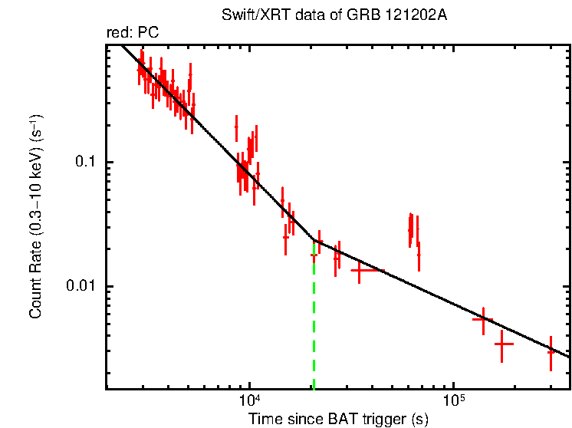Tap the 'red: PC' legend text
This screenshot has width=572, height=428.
pyautogui.click(x=132, y=33)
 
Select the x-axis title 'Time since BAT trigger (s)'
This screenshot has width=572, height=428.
pyautogui.click(x=338, y=419)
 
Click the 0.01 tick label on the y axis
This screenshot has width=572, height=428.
pyautogui.click(x=84, y=286)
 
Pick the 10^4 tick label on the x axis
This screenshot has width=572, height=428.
pyautogui.click(x=249, y=400)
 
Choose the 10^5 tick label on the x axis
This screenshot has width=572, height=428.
pyautogui.click(x=454, y=400)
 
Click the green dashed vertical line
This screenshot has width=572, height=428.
pyautogui.click(x=314, y=322)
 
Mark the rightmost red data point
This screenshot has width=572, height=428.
pyautogui.click(x=551, y=351)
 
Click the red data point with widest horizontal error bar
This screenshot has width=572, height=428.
pyautogui.click(x=360, y=270)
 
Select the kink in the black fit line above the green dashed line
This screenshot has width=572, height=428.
pyautogui.click(x=314, y=240)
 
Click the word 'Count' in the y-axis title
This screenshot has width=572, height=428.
pyautogui.click(x=35, y=296)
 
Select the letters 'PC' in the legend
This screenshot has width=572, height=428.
pyautogui.click(x=147, y=33)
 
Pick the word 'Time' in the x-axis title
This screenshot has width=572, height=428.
pyautogui.click(x=265, y=419)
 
